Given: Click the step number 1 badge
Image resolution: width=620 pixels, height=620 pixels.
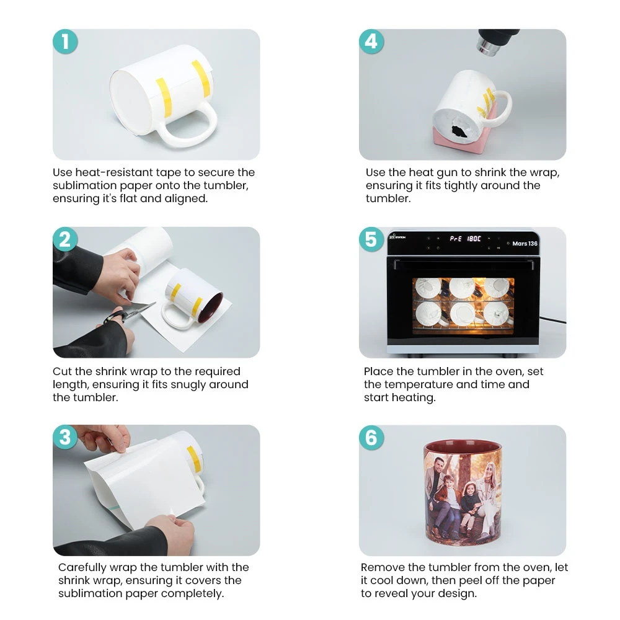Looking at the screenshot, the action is [65, 42].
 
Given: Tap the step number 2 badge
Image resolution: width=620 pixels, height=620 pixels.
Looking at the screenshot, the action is [65, 239].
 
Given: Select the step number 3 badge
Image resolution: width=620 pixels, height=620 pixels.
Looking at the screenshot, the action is [65, 437].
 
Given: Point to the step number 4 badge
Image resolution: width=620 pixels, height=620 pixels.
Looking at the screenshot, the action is [371, 42].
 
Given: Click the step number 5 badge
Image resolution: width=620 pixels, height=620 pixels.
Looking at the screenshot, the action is [371, 239].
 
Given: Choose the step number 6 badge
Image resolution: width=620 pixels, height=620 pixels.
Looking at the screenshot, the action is [371, 437].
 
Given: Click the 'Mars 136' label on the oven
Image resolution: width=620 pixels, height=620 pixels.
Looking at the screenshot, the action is [525, 244].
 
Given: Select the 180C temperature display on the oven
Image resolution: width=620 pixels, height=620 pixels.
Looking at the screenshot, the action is [474, 239].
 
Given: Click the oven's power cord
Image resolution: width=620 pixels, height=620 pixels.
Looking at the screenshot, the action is [553, 319].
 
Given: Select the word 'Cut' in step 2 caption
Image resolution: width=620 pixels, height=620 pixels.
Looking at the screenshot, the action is [62, 371].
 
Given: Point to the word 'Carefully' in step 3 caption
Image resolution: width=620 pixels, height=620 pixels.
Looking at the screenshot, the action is [82, 568].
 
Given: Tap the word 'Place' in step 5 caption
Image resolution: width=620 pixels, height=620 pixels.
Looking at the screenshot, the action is [378, 371].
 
